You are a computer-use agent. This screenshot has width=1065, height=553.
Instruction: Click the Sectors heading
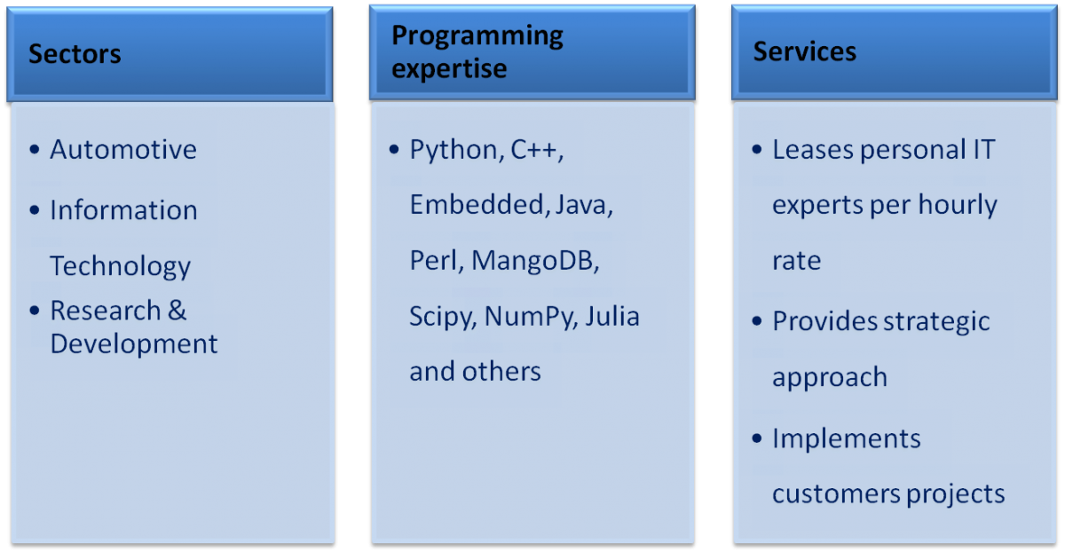(x=75, y=54)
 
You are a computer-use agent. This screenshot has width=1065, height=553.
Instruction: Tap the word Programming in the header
(x=477, y=36)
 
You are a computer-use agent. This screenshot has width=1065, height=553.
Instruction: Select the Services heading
(x=804, y=51)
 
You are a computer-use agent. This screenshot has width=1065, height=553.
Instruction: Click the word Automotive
(x=123, y=150)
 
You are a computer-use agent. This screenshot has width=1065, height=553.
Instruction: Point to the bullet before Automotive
(x=35, y=149)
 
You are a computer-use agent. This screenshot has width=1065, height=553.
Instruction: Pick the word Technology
(x=121, y=266)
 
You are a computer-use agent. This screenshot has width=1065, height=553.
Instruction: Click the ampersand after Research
(x=177, y=311)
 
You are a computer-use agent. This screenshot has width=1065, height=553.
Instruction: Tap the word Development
(x=134, y=344)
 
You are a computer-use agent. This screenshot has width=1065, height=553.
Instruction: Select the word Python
(x=454, y=151)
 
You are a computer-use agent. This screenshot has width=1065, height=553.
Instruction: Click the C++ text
(x=536, y=150)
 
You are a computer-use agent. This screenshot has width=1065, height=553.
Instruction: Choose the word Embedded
(x=477, y=205)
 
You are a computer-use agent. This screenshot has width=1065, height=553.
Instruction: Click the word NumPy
(x=529, y=317)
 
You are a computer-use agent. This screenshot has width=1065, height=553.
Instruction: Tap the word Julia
(x=612, y=316)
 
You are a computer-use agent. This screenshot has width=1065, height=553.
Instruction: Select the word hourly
(x=957, y=205)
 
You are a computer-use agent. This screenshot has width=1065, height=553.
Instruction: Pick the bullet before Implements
(x=757, y=438)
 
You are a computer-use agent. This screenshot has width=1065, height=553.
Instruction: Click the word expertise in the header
(x=449, y=70)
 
